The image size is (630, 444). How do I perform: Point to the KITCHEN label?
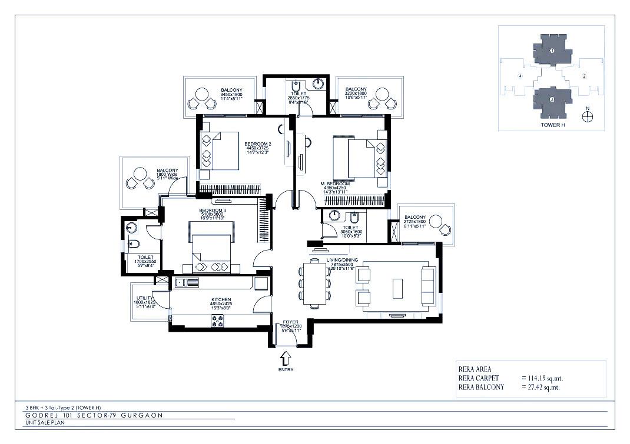[221, 299]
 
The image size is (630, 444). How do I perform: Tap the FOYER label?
[290, 322]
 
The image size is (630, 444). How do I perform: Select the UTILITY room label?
[144, 299]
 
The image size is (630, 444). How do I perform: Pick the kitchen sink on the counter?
[187, 283]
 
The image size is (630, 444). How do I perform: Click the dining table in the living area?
[314, 283]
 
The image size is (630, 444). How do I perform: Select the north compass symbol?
[586, 116]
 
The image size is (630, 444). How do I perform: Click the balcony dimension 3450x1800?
[231, 94]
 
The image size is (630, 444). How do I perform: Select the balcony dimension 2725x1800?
[415, 221]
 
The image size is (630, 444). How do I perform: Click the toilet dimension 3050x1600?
[351, 232]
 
